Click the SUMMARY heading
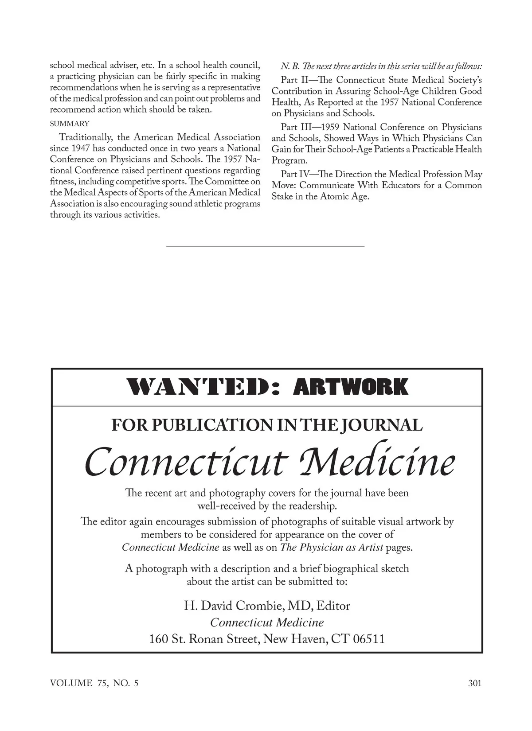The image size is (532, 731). (x=70, y=124)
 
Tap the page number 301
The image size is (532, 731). (x=474, y=683)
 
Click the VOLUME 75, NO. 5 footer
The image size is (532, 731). (x=94, y=683)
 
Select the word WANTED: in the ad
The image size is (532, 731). (x=203, y=387)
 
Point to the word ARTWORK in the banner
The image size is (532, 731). (x=350, y=387)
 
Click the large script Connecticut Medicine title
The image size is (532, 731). (x=269, y=462)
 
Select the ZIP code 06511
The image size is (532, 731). (x=369, y=639)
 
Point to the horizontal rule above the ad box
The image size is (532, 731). (x=265, y=245)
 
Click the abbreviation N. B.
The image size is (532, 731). (x=288, y=66)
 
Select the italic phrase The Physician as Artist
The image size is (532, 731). (x=332, y=548)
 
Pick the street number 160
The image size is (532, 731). (x=158, y=639)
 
